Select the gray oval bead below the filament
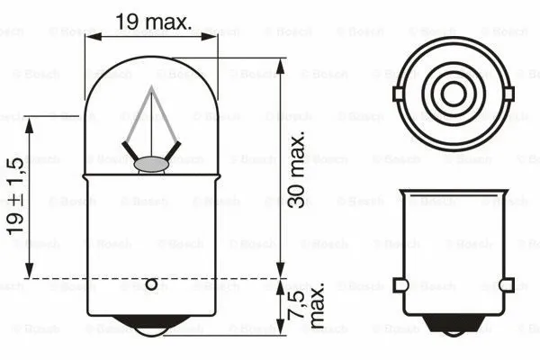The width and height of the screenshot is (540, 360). [150, 164]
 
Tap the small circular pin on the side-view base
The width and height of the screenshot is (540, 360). [151, 285]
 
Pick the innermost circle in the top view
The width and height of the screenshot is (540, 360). [453, 92]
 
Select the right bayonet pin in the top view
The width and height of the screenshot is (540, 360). [507, 92]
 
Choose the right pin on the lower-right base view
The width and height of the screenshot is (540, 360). [506, 285]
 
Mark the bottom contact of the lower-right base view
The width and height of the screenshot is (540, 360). [453, 328]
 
